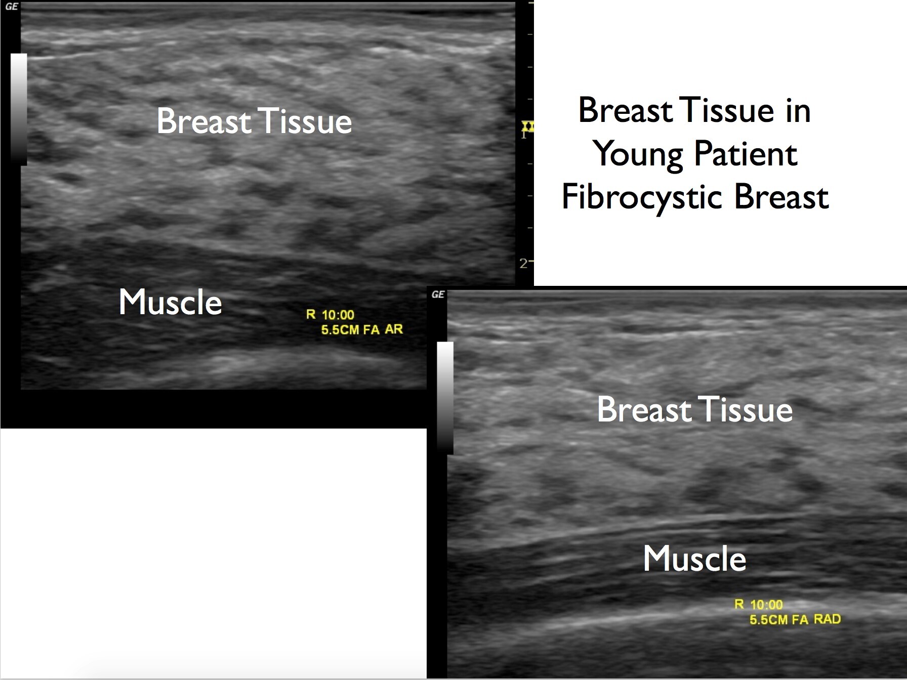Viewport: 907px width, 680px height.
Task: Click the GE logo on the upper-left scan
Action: [x=11, y=7]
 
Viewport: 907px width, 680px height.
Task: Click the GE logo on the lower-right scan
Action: [x=438, y=294]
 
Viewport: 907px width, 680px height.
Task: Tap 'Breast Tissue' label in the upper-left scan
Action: [x=254, y=121]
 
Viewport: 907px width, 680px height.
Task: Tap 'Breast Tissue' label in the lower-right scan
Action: [x=694, y=409]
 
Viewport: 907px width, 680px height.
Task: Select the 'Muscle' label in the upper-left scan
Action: [x=171, y=302]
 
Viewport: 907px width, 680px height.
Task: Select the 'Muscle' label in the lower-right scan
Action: [x=694, y=559]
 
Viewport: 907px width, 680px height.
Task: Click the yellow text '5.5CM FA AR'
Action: [x=362, y=330]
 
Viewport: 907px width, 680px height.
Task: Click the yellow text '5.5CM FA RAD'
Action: [x=795, y=619]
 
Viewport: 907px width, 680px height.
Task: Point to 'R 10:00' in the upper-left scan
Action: [x=330, y=315]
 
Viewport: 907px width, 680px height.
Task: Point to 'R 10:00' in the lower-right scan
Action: [x=758, y=605]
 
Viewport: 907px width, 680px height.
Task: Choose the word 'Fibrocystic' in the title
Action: [x=644, y=197]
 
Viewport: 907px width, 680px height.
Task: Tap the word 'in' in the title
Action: [x=798, y=111]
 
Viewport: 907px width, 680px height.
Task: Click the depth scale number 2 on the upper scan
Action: [x=523, y=264]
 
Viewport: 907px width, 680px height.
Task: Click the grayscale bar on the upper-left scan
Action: [x=19, y=109]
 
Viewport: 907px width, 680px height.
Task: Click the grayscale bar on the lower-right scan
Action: [x=445, y=398]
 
